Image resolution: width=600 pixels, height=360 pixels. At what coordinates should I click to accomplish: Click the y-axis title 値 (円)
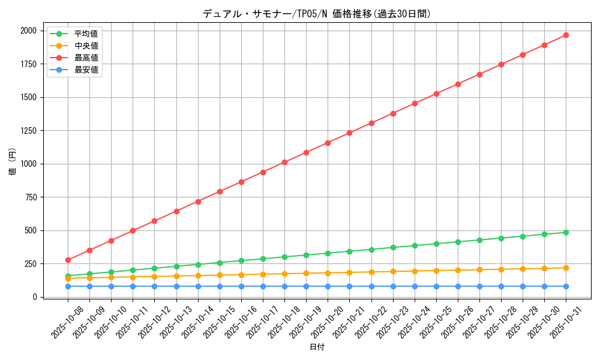click(x=13, y=163)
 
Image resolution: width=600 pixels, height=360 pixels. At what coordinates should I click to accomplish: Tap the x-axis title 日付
click(x=317, y=347)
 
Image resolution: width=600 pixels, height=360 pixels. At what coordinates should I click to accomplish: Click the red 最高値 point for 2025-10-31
click(x=566, y=35)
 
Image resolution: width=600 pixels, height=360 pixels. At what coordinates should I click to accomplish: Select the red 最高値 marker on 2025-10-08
click(x=68, y=260)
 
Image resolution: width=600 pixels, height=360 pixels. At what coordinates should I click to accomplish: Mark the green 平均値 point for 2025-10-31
click(x=566, y=232)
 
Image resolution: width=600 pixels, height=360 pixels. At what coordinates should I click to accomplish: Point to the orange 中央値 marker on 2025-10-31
click(x=566, y=268)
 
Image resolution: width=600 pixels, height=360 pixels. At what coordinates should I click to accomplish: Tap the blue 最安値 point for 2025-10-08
click(x=68, y=286)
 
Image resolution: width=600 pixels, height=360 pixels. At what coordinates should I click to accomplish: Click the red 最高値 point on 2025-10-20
click(x=328, y=143)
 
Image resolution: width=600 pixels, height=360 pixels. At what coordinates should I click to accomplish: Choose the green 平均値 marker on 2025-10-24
click(x=415, y=245)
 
